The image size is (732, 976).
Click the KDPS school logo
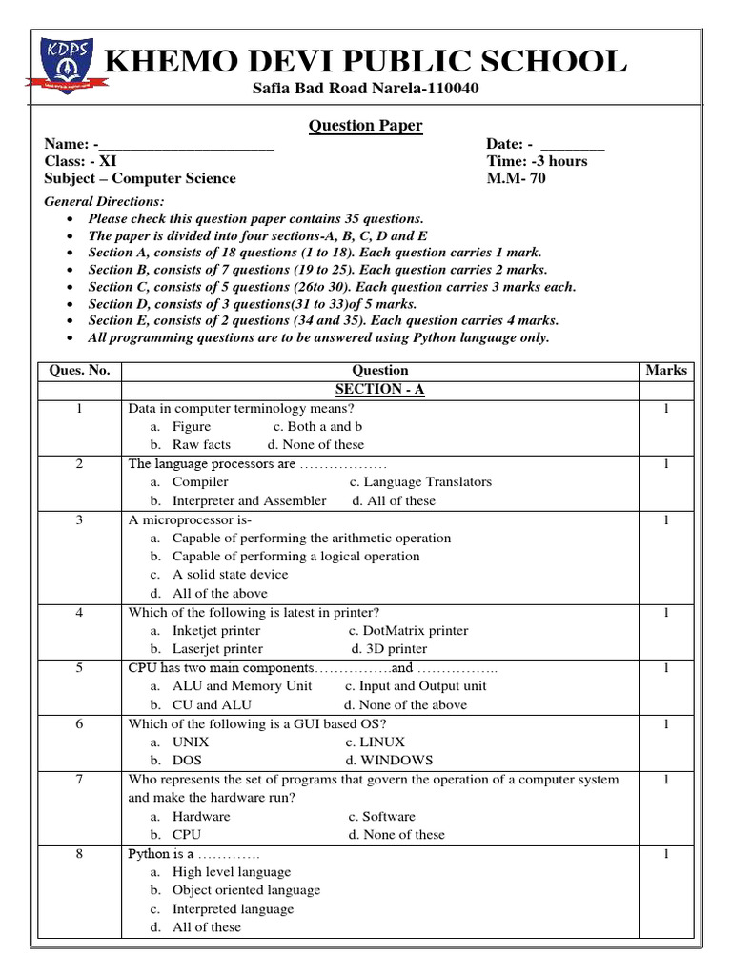pyautogui.click(x=63, y=63)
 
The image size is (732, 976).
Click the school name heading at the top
pyautogui.click(x=365, y=62)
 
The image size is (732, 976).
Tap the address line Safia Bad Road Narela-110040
pyautogui.click(x=365, y=90)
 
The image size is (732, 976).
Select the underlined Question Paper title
pyautogui.click(x=365, y=127)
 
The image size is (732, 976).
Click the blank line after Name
pyautogui.click(x=186, y=145)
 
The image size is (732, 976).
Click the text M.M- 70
pyautogui.click(x=516, y=178)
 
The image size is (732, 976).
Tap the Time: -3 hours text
pyautogui.click(x=537, y=161)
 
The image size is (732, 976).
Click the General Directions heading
pyautogui.click(x=104, y=201)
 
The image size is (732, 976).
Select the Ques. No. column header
pyautogui.click(x=79, y=371)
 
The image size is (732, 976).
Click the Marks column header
pyautogui.click(x=665, y=371)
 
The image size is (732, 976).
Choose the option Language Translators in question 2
pyautogui.click(x=420, y=482)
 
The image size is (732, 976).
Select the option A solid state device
pyautogui.click(x=230, y=575)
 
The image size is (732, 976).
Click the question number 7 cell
pyautogui.click(x=79, y=780)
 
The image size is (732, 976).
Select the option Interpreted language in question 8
pyautogui.click(x=233, y=909)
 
